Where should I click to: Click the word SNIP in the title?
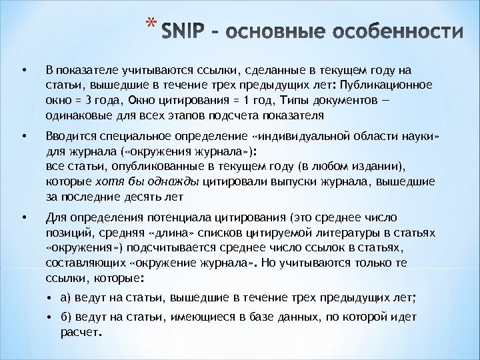click(x=182, y=33)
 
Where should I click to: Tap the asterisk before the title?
click(x=151, y=25)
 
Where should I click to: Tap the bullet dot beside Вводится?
click(x=24, y=137)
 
